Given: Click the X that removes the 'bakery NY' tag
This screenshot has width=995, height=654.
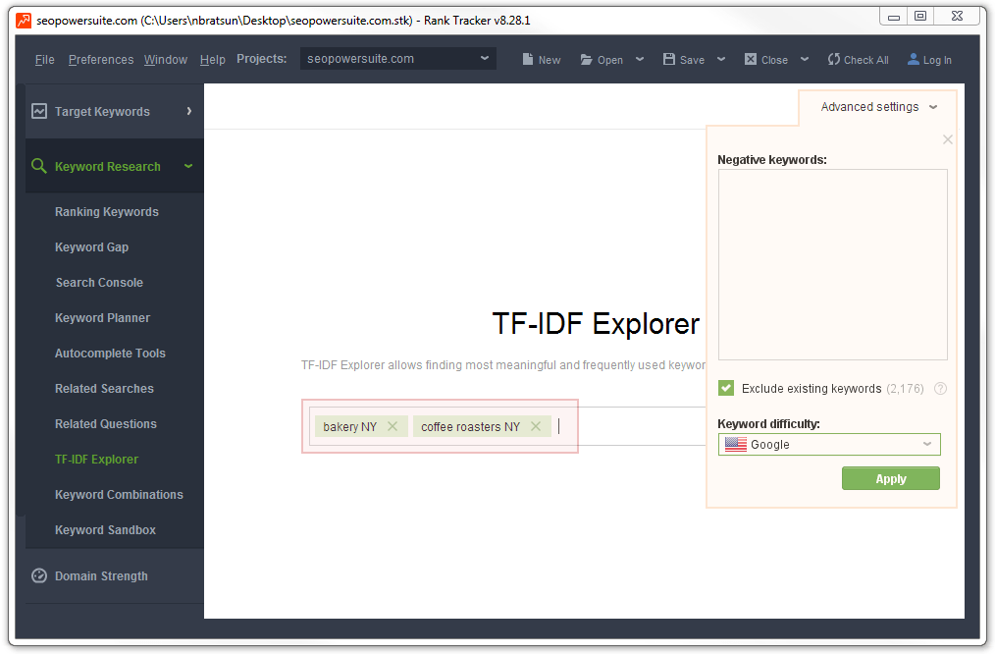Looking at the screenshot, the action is (x=393, y=426).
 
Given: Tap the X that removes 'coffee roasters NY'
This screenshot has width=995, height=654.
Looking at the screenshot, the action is (x=536, y=426).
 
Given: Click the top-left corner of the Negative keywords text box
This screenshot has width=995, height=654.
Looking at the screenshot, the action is (x=718, y=170).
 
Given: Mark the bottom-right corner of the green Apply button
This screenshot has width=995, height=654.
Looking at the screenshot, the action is (x=940, y=490).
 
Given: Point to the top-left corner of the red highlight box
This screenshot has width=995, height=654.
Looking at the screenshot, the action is (x=301, y=400).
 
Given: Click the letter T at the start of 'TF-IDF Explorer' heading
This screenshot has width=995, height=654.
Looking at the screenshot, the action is (x=502, y=324).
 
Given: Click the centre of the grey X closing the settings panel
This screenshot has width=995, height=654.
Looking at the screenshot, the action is (x=947, y=139).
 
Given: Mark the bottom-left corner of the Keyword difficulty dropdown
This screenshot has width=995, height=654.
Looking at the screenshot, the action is (x=718, y=456).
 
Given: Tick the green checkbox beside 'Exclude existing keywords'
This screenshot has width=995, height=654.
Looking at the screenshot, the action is (x=726, y=388).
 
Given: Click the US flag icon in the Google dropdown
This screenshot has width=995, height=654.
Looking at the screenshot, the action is (x=736, y=445).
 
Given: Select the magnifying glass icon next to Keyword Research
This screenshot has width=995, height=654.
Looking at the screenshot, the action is (x=38, y=166).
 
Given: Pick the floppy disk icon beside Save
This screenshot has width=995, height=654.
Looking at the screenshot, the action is (x=669, y=59).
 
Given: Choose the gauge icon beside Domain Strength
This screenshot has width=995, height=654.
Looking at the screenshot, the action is (x=39, y=575).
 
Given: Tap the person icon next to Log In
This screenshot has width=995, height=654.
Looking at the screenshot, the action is (x=914, y=59).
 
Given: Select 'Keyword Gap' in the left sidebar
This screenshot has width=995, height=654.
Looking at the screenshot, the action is (x=92, y=247).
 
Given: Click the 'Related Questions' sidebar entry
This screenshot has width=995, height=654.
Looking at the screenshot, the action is (x=106, y=423).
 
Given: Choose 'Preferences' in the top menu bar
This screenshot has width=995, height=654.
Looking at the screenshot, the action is (x=101, y=60).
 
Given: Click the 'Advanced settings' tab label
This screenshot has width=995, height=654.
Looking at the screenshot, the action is (x=870, y=107).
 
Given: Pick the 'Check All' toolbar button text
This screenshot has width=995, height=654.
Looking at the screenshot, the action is (x=866, y=60).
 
